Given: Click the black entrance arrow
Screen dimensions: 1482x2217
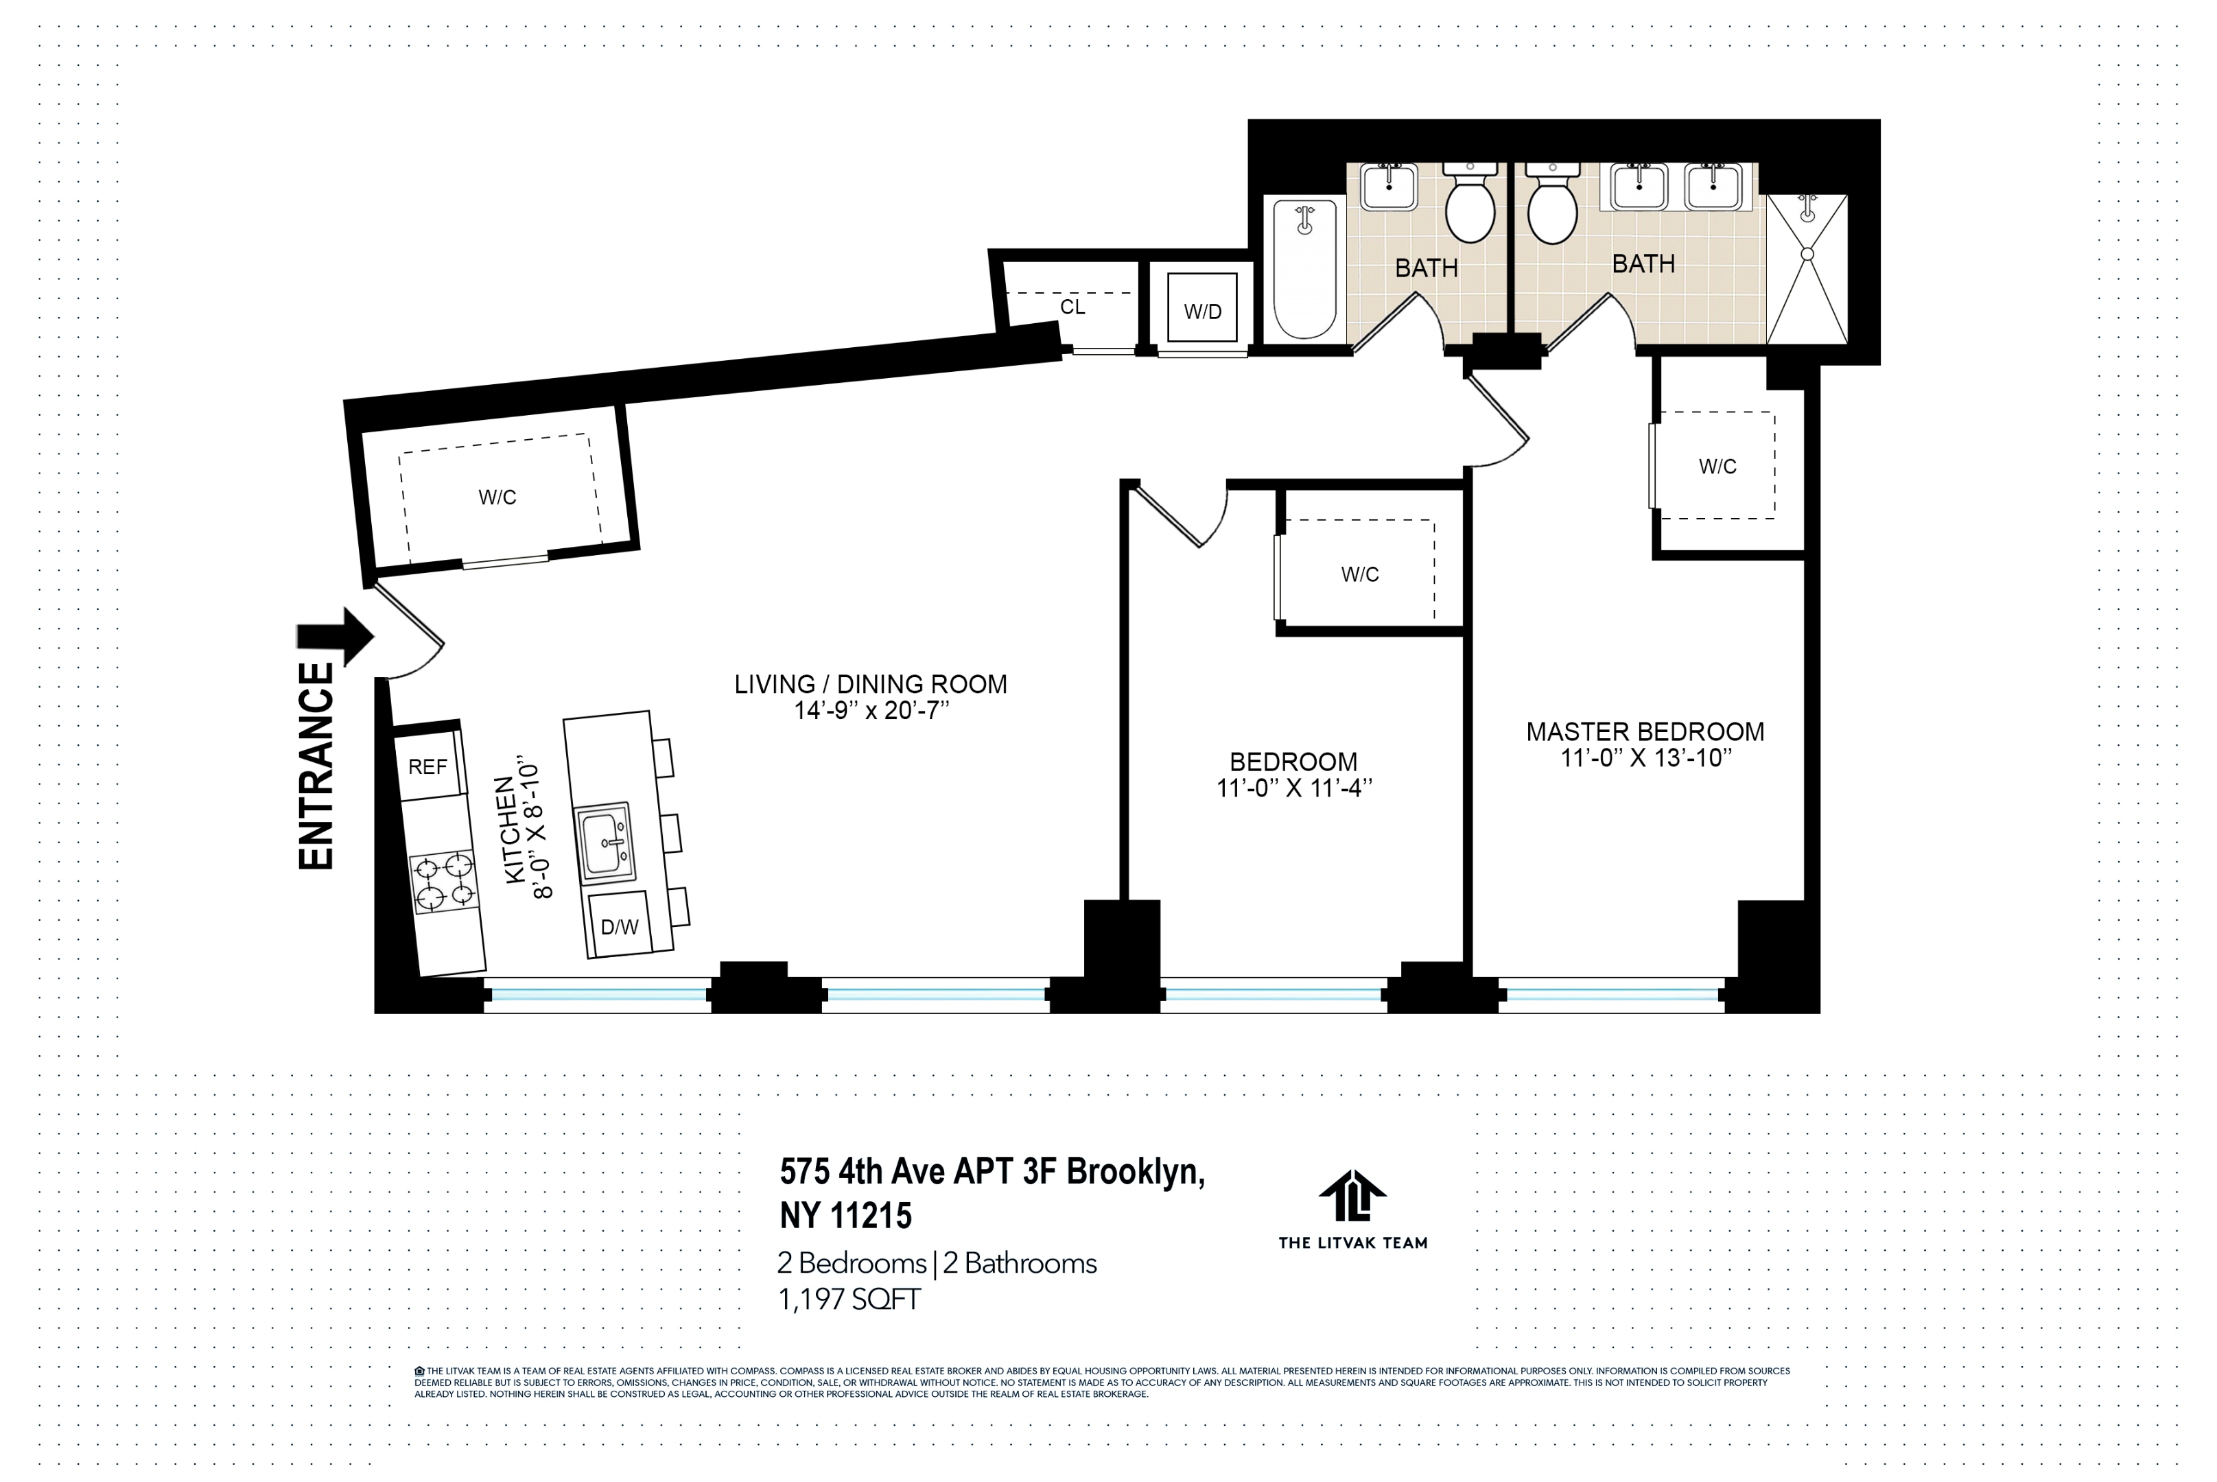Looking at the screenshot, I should coord(338,636).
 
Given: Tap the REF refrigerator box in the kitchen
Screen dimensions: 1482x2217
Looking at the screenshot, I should coord(428,766).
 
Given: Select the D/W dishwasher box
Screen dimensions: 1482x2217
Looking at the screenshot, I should coord(620,926).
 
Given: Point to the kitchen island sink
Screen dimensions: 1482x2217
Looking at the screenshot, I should coord(605,841).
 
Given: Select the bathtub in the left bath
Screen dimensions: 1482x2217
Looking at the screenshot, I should coord(1304,268).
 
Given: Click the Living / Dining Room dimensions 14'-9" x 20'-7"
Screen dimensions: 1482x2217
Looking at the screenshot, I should coord(870,711).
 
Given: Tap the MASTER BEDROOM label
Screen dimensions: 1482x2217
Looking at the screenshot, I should coord(1644,731).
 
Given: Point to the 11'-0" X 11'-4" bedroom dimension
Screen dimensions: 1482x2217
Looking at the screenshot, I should coord(1293,788).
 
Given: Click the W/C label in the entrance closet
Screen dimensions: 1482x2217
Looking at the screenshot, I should coord(497,497).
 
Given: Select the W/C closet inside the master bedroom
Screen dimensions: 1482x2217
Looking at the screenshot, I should coord(1716,466).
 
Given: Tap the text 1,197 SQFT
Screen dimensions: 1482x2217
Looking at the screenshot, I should coord(849,1299).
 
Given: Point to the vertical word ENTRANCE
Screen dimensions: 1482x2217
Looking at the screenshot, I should coord(316,766).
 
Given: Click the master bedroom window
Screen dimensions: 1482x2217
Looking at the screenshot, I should coord(1610,994).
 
